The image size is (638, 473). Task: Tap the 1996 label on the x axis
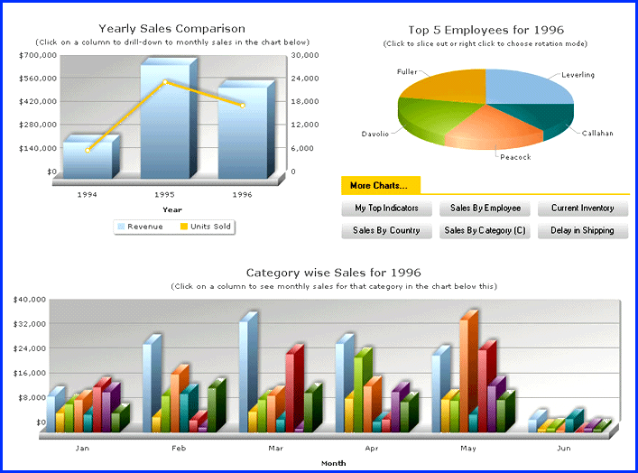242,194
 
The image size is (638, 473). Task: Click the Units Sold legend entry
208,227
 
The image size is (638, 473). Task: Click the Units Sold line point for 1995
165,82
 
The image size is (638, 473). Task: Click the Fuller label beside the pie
407,71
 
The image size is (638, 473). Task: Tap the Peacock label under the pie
515,157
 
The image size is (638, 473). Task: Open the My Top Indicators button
386,209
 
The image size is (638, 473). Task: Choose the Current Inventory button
582,209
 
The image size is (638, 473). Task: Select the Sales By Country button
386,231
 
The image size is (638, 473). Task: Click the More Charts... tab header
379,186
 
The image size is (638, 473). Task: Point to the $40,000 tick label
31,300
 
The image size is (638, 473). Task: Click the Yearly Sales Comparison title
171,29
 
